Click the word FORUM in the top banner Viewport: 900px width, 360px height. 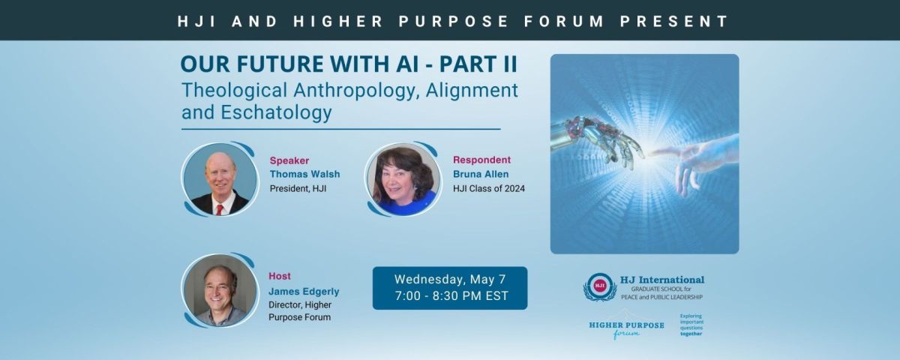pyautogui.click(x=564, y=21)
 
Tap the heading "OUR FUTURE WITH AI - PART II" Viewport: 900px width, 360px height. pyautogui.click(x=349, y=64)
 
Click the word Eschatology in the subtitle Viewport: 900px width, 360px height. pyautogui.click(x=276, y=112)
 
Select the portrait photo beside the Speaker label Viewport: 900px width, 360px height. pyautogui.click(x=220, y=179)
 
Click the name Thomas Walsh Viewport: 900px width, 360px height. pyautogui.click(x=304, y=174)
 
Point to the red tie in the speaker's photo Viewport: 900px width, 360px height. pyautogui.click(x=219, y=210)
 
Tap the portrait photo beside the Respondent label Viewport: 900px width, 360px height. pyautogui.click(x=403, y=179)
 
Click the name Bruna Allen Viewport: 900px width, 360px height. pyautogui.click(x=481, y=174)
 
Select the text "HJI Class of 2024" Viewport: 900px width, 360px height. pyautogui.click(x=488, y=188)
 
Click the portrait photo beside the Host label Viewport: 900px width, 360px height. pyautogui.click(x=220, y=290)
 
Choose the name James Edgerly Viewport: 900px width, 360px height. pyautogui.click(x=304, y=292)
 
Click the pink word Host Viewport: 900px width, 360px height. pyautogui.click(x=280, y=276)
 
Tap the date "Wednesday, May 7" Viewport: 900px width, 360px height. pyautogui.click(x=449, y=279)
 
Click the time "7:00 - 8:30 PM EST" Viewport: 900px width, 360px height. pyautogui.click(x=451, y=296)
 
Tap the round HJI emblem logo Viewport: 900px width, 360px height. pyautogui.click(x=600, y=286)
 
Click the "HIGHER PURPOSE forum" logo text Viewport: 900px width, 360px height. pyautogui.click(x=626, y=329)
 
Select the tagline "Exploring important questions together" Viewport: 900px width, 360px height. pyautogui.click(x=691, y=325)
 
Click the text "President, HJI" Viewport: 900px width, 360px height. pyautogui.click(x=298, y=188)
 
